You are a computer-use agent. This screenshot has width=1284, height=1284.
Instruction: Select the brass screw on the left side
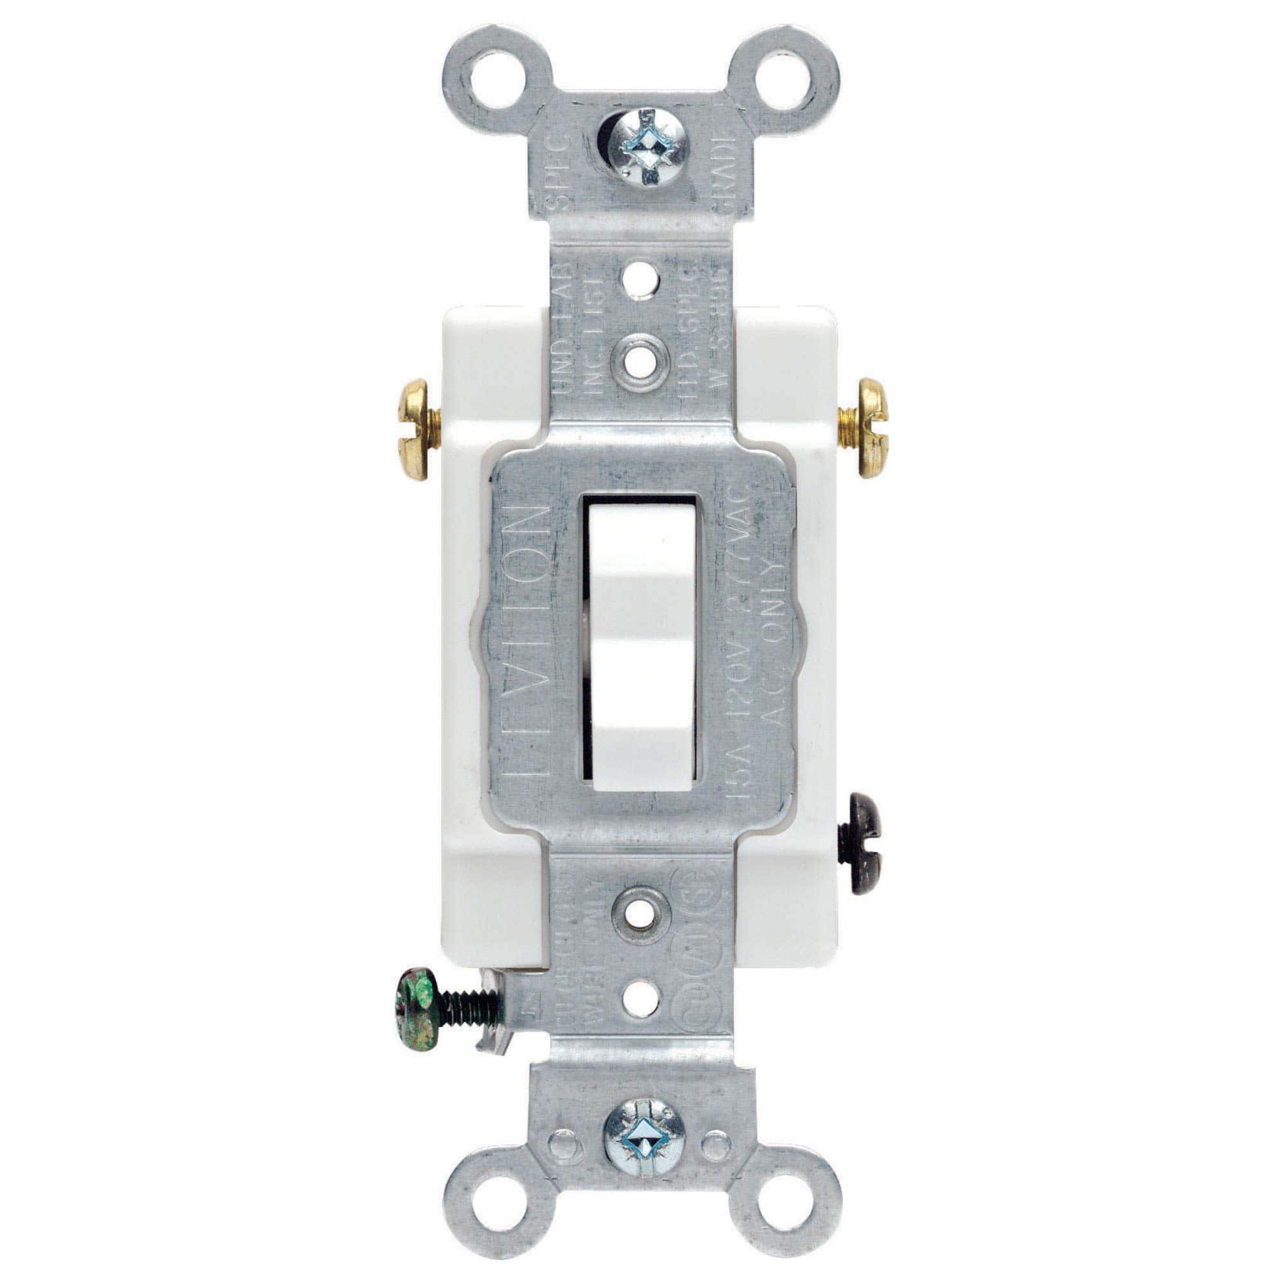point(417,428)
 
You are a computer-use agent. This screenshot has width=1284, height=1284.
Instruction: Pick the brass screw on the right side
point(867,428)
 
